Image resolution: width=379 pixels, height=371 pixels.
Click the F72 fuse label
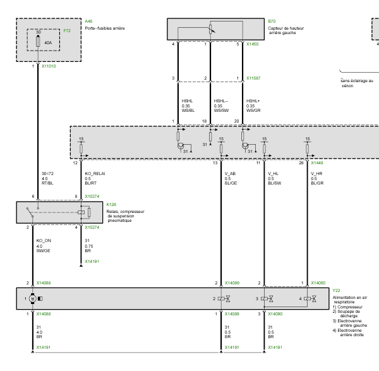point(67,31)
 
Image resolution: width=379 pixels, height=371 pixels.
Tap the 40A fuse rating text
point(48,42)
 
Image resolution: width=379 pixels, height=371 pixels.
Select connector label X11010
point(49,66)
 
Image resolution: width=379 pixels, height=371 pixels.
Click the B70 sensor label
point(272,21)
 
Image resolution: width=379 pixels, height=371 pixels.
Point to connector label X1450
point(252,44)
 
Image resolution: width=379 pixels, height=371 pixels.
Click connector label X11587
point(253,78)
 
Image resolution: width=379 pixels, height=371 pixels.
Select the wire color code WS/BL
point(188,111)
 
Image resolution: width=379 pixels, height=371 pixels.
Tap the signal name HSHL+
point(253,101)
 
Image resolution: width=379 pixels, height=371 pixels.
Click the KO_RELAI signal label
point(95,174)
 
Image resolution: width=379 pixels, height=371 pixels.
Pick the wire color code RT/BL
point(47,183)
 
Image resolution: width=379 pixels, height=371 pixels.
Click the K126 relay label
point(111,205)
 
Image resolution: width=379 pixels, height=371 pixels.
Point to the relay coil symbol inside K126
point(81,212)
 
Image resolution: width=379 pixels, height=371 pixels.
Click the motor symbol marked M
point(33,299)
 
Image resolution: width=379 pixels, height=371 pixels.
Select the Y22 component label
point(336,291)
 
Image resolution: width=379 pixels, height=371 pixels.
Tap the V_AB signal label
point(230,174)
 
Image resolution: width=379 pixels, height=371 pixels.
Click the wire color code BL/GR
point(317,183)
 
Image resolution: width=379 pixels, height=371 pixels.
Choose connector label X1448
point(317,163)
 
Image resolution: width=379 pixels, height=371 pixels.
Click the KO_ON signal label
point(44,241)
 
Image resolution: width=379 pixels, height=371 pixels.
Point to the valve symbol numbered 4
point(310,299)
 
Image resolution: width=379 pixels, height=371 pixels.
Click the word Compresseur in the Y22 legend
point(350,307)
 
